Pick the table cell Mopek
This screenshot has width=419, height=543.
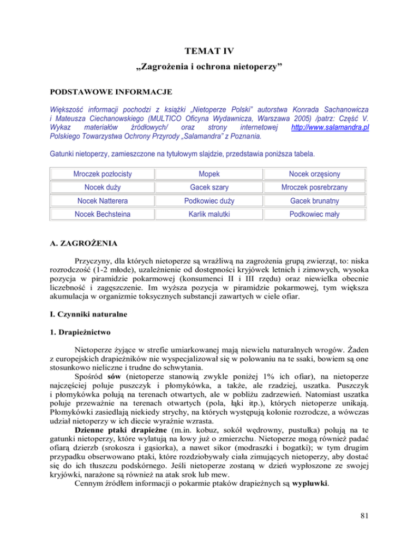tap(209, 174)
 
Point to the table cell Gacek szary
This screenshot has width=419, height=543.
tap(209, 188)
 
